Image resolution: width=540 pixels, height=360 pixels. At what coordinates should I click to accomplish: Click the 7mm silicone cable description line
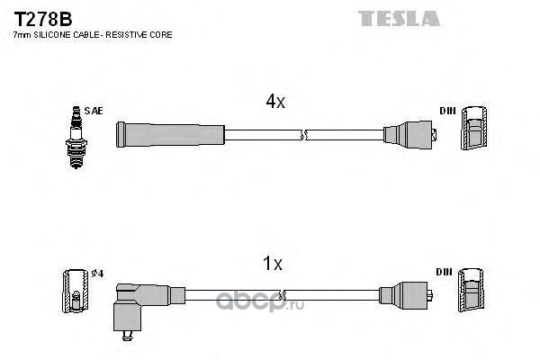click(91, 34)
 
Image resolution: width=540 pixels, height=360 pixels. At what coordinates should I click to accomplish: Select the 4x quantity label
click(275, 102)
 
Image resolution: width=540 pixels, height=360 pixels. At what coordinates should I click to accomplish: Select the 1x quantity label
click(272, 264)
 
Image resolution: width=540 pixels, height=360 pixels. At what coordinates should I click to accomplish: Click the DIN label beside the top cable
click(446, 111)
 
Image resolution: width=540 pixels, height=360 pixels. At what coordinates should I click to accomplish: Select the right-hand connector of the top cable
click(409, 134)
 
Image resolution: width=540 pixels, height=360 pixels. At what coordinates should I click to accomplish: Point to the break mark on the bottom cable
click(284, 294)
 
